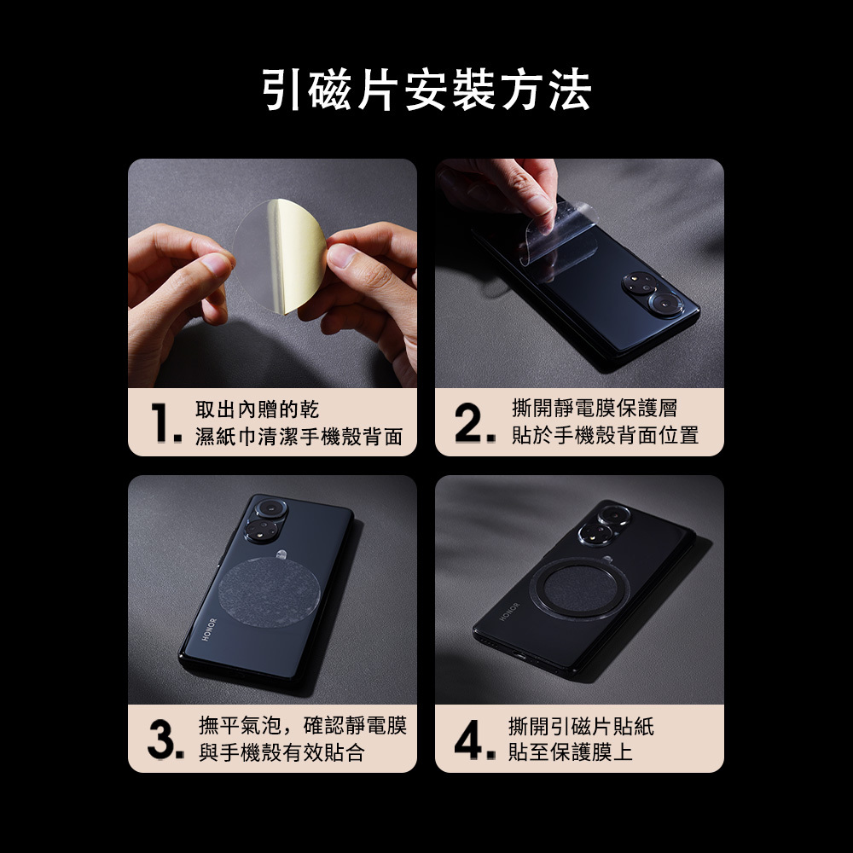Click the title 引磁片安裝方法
[x=426, y=90]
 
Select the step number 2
[x=474, y=423]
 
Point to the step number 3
[x=165, y=740]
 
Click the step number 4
[x=474, y=740]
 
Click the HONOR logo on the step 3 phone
[x=210, y=630]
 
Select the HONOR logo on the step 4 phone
[x=510, y=612]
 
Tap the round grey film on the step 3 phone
[x=269, y=593]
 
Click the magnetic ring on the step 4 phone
[x=580, y=588]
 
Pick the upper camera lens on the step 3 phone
[x=270, y=509]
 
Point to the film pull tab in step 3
[x=281, y=554]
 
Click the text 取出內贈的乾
[x=257, y=409]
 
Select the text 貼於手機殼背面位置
[x=605, y=435]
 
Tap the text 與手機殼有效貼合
[x=281, y=752]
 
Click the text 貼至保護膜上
[x=571, y=751]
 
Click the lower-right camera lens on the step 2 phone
[x=664, y=304]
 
